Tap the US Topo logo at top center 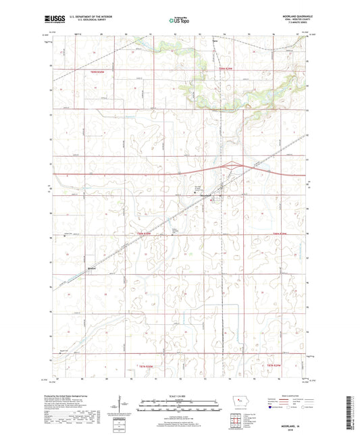[179, 22]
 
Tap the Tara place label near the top [215, 42]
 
